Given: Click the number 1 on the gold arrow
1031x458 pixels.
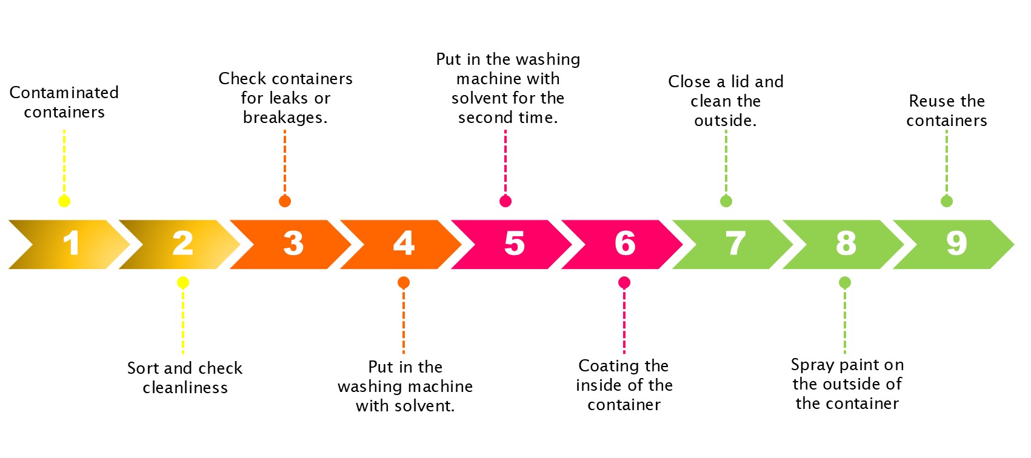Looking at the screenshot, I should pos(72,244).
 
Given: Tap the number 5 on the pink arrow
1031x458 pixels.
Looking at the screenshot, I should pos(514,244).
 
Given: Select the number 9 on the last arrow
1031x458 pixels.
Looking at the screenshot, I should pos(956,244).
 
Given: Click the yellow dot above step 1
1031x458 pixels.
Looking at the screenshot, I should pos(64,201).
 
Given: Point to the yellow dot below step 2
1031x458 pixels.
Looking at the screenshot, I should pos(183,282).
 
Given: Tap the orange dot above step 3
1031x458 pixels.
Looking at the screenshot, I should pos(285,201).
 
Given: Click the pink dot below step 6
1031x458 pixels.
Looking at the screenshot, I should pos(624,282).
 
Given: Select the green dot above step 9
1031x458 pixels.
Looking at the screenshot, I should pos(947,201).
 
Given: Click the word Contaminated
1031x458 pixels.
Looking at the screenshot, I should pos(64,93).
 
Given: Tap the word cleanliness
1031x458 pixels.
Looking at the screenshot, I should pos(185,388).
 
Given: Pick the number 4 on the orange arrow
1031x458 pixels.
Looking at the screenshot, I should pos(404,244).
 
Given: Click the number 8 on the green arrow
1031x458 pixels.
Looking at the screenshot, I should pos(846,244).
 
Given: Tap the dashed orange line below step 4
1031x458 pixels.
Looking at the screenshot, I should pos(404,321).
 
